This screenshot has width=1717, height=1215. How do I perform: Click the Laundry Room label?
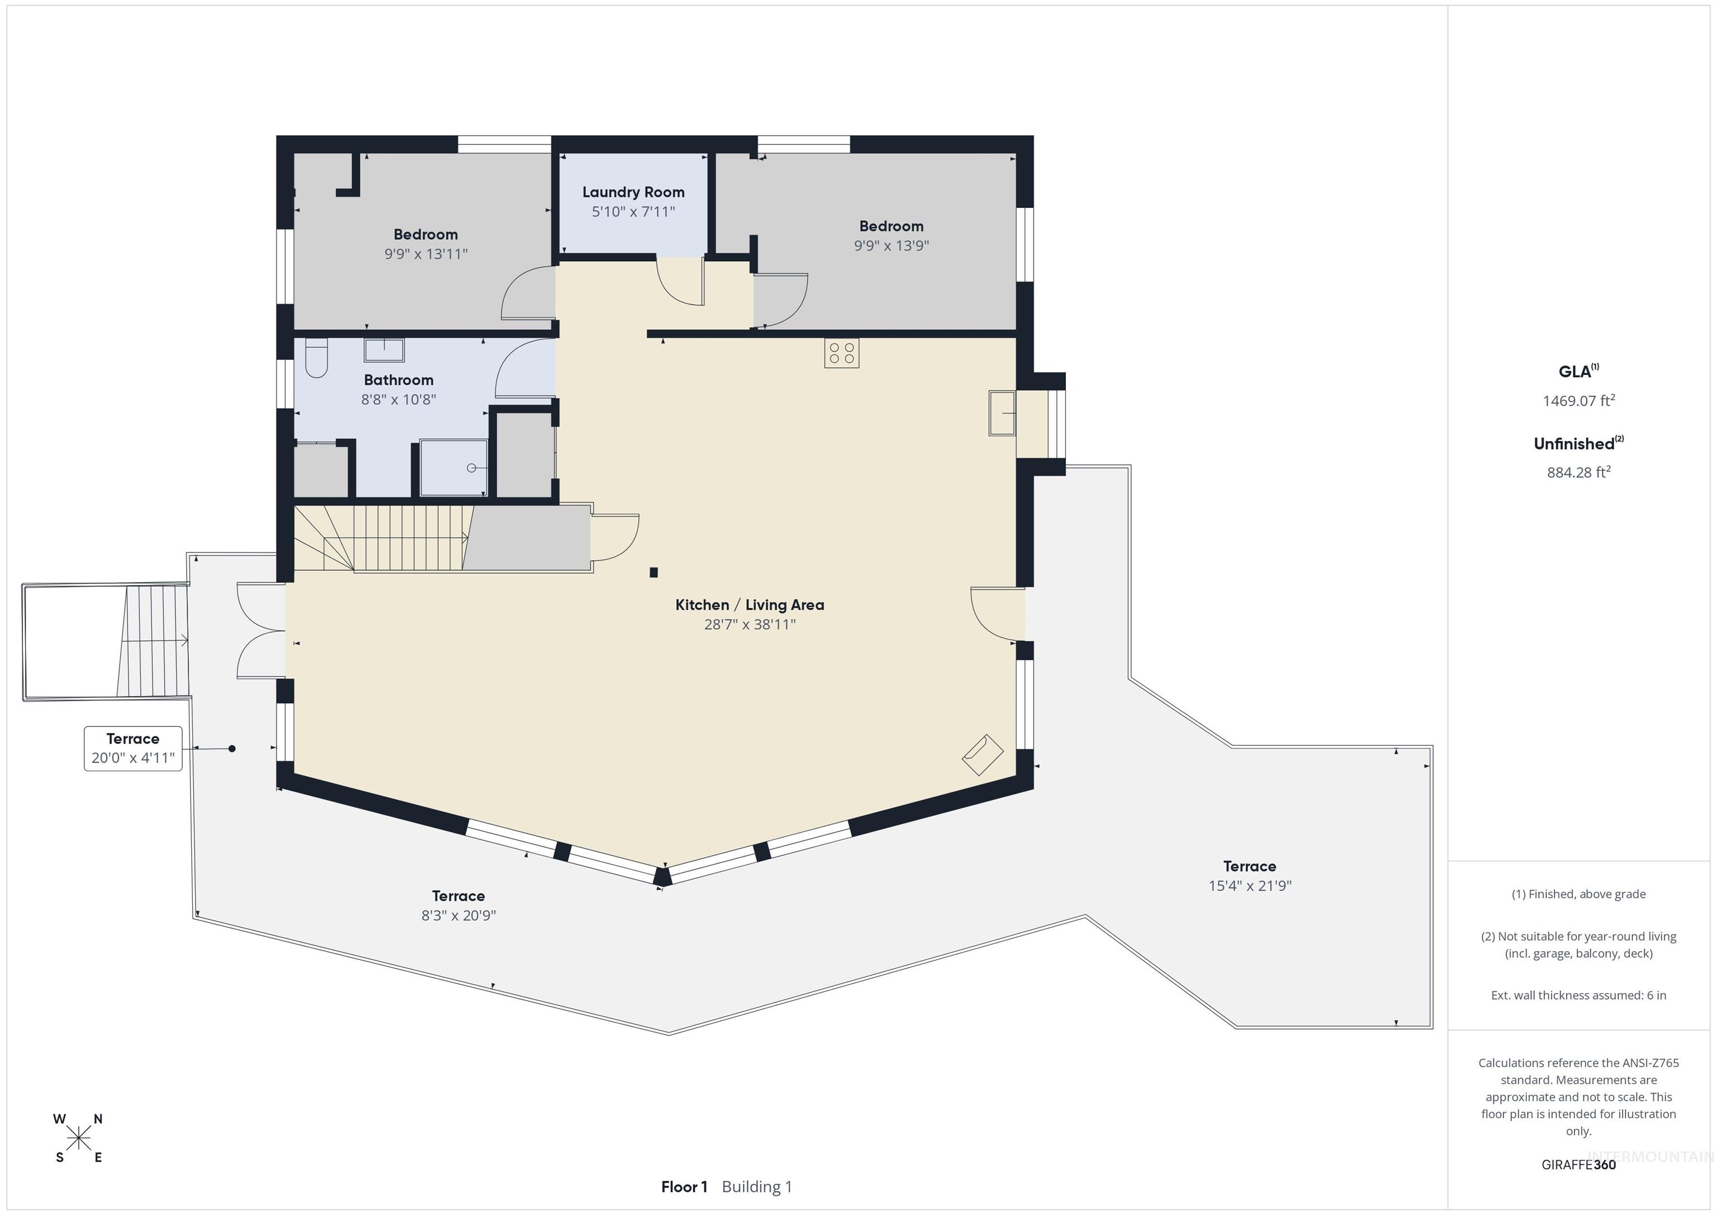pos(633,192)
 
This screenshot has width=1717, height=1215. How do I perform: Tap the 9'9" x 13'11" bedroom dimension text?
pos(425,254)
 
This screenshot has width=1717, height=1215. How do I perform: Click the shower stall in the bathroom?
pos(453,467)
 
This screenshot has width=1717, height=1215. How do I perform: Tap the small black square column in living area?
pos(653,573)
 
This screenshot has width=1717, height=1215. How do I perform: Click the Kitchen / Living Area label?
pos(750,604)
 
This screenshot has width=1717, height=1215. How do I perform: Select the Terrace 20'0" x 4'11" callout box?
pos(133,748)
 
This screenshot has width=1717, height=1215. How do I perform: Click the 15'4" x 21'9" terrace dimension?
pos(1250,886)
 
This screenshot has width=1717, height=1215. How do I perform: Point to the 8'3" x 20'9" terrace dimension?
pos(458,916)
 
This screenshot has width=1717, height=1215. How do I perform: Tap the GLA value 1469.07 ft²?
pos(1578,401)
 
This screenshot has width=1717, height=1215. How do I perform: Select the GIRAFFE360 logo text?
pos(1578,1164)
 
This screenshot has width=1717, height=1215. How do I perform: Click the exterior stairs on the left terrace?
pos(153,641)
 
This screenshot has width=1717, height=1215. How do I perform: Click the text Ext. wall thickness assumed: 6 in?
pos(1578,995)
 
